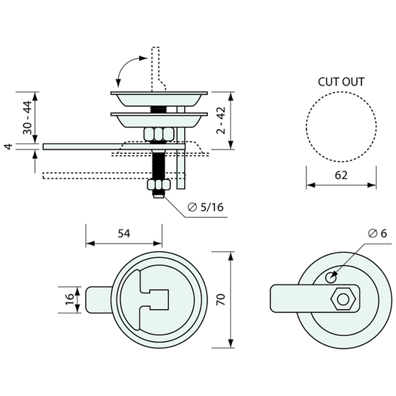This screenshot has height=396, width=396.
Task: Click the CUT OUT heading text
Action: (x=341, y=82)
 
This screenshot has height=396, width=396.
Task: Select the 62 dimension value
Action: (x=341, y=175)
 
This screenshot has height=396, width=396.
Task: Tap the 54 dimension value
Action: (x=124, y=233)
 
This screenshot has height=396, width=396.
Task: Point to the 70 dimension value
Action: (x=221, y=299)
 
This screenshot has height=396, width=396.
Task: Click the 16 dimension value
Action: (x=70, y=299)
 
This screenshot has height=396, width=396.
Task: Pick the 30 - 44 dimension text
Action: (x=27, y=117)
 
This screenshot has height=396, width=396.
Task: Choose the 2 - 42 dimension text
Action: (x=221, y=120)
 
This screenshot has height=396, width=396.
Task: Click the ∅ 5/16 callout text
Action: (x=206, y=207)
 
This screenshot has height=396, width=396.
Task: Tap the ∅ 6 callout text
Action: (x=377, y=233)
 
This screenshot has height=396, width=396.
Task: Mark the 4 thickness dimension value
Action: (x=9, y=146)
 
